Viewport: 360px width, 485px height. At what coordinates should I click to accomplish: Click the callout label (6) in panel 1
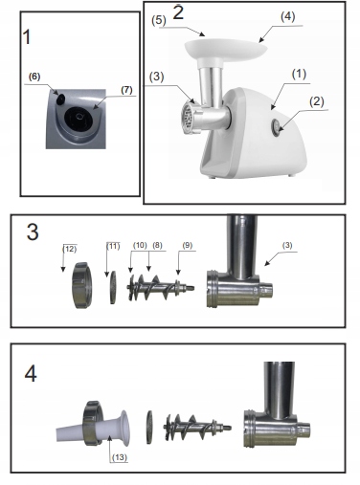(x=34, y=77)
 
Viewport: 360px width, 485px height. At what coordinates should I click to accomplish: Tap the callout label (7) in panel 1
(x=126, y=90)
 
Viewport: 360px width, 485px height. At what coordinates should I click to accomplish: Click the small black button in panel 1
(x=60, y=99)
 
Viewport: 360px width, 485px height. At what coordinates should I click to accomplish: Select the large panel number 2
(x=178, y=12)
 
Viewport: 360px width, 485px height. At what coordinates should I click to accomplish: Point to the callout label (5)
(x=159, y=21)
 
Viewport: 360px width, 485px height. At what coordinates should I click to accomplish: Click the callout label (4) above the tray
(x=287, y=17)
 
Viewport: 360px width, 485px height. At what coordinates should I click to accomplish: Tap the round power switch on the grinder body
(x=276, y=128)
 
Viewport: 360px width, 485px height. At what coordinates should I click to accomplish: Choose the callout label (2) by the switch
(x=316, y=101)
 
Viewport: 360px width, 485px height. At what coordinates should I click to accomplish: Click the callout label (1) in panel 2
(x=299, y=74)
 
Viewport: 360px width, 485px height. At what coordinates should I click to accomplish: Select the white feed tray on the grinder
(x=226, y=51)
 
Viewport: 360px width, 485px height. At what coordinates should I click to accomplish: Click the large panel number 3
(x=33, y=232)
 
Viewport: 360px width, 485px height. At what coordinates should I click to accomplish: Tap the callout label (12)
(x=70, y=249)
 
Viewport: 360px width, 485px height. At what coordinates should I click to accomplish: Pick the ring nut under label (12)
(x=81, y=285)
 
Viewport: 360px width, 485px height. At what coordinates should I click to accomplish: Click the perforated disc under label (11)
(x=113, y=287)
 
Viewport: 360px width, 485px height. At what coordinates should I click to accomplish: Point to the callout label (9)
(x=188, y=245)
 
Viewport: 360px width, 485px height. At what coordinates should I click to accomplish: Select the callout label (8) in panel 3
(x=157, y=245)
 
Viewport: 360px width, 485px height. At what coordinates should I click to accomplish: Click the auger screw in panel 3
(x=161, y=287)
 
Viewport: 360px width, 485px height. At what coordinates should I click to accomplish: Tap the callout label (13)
(x=120, y=457)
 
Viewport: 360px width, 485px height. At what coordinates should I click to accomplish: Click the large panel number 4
(x=31, y=374)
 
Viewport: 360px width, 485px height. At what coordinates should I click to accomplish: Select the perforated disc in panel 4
(x=149, y=428)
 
